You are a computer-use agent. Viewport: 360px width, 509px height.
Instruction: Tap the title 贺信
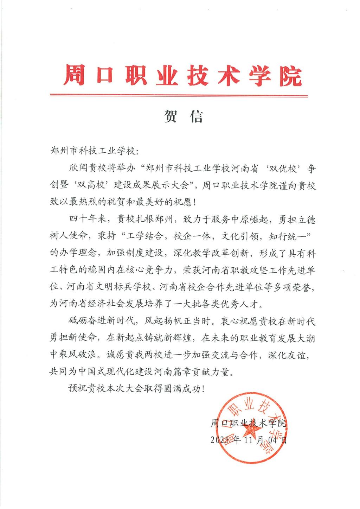coord(183,116)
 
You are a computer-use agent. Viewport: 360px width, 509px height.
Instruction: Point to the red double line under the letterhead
coord(179,95)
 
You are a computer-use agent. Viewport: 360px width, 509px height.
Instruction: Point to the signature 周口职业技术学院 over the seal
coord(248,423)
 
